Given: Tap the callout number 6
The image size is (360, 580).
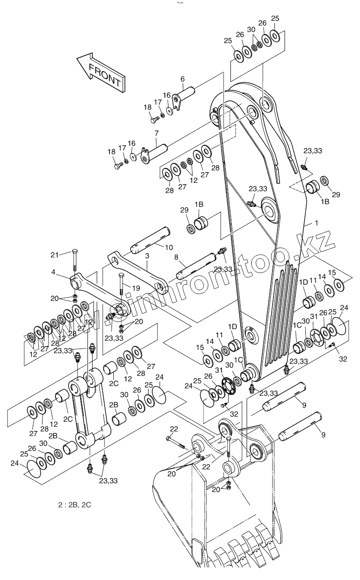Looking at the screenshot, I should point(182,79).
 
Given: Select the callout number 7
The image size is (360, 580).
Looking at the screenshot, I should point(157,133).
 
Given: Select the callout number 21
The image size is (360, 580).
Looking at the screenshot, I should point(55,254).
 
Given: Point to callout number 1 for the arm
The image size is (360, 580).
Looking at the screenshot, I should point(317,223).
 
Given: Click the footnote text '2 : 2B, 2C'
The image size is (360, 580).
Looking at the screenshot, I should point(72,505).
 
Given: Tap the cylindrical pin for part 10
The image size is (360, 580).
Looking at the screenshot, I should point(151,243).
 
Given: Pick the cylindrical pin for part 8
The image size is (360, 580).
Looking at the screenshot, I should point(197,266).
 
